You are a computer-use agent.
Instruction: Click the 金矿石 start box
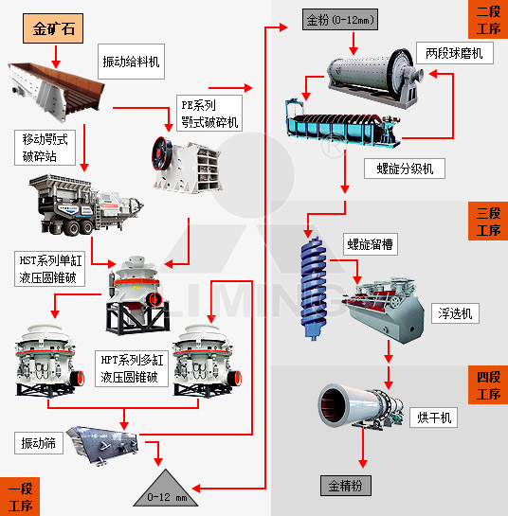(x=53, y=28)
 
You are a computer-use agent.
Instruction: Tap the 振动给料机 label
(x=131, y=62)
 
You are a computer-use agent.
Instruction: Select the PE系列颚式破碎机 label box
(x=209, y=114)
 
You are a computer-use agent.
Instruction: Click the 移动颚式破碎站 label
(x=45, y=148)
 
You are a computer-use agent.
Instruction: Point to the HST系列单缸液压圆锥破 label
(x=49, y=269)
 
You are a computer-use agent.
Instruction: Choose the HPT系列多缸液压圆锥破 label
(x=132, y=368)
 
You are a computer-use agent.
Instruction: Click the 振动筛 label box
(x=39, y=443)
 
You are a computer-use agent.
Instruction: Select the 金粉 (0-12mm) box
(x=340, y=20)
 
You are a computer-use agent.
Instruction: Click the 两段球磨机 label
(x=455, y=53)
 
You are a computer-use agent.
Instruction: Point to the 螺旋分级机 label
(x=405, y=169)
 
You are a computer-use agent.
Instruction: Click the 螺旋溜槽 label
(x=371, y=244)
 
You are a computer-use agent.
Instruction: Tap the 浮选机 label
(x=455, y=313)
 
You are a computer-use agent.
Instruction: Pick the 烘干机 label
(x=433, y=418)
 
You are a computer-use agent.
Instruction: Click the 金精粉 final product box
(x=346, y=486)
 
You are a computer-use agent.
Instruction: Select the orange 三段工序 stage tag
(x=488, y=222)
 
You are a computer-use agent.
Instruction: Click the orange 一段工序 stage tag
(x=20, y=496)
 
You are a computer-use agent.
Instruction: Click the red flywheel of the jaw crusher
(x=162, y=154)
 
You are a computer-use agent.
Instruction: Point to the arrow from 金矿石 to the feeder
(x=56, y=57)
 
